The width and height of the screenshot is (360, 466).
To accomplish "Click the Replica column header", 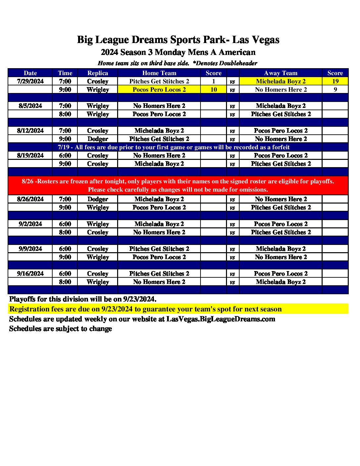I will pos(98,73).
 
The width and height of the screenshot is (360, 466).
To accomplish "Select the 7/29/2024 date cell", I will pos(30,81).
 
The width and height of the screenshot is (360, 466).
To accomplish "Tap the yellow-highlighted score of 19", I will pos(335,81).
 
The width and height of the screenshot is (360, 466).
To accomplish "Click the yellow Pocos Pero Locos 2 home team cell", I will pos(159,90).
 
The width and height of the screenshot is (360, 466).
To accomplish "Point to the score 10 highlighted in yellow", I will pos(214,90).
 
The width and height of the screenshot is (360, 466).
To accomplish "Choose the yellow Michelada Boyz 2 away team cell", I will pos(281,81).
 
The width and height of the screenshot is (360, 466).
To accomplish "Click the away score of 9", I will pos(335,90).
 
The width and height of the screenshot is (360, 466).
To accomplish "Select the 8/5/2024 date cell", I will pos(30,106).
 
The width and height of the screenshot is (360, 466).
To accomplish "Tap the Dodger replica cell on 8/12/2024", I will pos(98,139).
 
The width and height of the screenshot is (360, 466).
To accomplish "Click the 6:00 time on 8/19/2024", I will pos(65,156).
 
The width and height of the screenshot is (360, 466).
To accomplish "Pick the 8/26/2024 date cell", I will pos(30,199).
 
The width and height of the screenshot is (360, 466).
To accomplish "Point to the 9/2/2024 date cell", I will pos(30,224).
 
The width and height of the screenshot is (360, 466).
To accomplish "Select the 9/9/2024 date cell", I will pos(30,249).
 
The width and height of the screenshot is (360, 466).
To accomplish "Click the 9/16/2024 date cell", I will pos(30,274).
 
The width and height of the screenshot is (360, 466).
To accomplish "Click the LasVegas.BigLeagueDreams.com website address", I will pos(221,319).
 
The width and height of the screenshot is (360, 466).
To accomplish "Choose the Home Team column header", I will pos(159,73).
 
